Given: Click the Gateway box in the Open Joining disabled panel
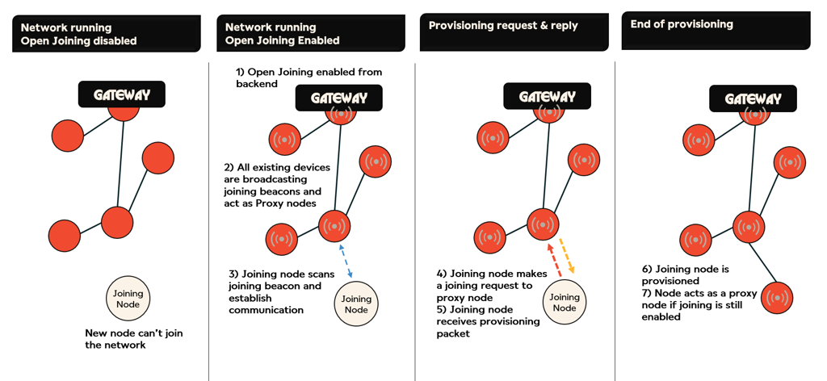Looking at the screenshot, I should coord(121,94).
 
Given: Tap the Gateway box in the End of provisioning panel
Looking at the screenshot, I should coord(753,99).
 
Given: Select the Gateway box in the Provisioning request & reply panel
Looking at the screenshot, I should coord(547,97).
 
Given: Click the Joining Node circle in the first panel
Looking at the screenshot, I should coord(128,299).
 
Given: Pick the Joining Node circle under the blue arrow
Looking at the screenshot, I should coord(356,304).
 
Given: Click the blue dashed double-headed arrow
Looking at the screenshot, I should coord(346,260).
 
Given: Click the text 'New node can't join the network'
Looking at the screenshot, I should coord(128,339).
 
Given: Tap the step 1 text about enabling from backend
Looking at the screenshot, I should coord(309,77).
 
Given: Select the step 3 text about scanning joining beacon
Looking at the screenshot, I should coord(275,291).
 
